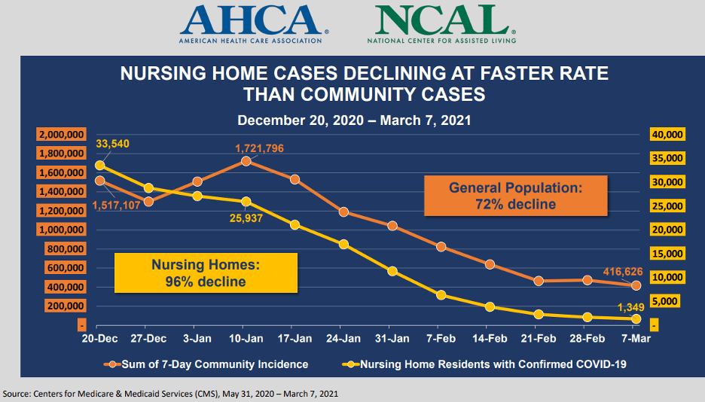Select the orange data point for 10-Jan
pos(246,161)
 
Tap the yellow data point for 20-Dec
pos(100,166)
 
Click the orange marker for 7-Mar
pos(636,285)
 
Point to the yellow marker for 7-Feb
pos(441,295)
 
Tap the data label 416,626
pos(623,271)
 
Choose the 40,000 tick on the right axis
pos(667,135)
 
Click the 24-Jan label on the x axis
pos(343,338)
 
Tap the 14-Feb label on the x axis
pos(490,338)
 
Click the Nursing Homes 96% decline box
pos(206,273)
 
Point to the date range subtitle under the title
pos(354,120)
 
